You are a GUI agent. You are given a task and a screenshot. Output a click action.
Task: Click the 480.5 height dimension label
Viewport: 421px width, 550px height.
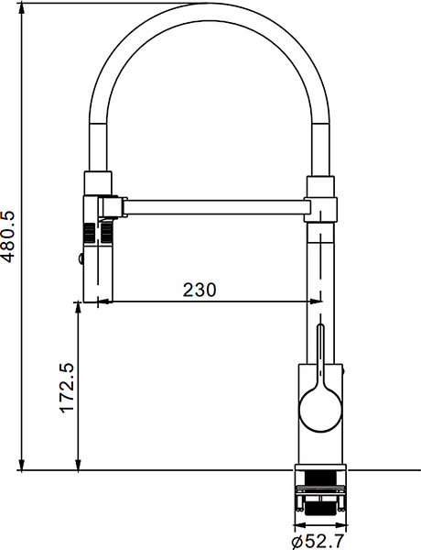click(x=9, y=237)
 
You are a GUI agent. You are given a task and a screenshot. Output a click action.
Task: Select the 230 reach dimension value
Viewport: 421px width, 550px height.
click(x=200, y=291)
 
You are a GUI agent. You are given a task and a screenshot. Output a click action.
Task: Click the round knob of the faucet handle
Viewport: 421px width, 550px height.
click(x=320, y=405)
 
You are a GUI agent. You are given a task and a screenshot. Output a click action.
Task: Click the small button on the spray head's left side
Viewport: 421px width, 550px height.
click(x=81, y=260)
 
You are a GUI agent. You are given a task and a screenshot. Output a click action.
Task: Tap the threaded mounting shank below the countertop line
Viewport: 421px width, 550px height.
click(x=319, y=490)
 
